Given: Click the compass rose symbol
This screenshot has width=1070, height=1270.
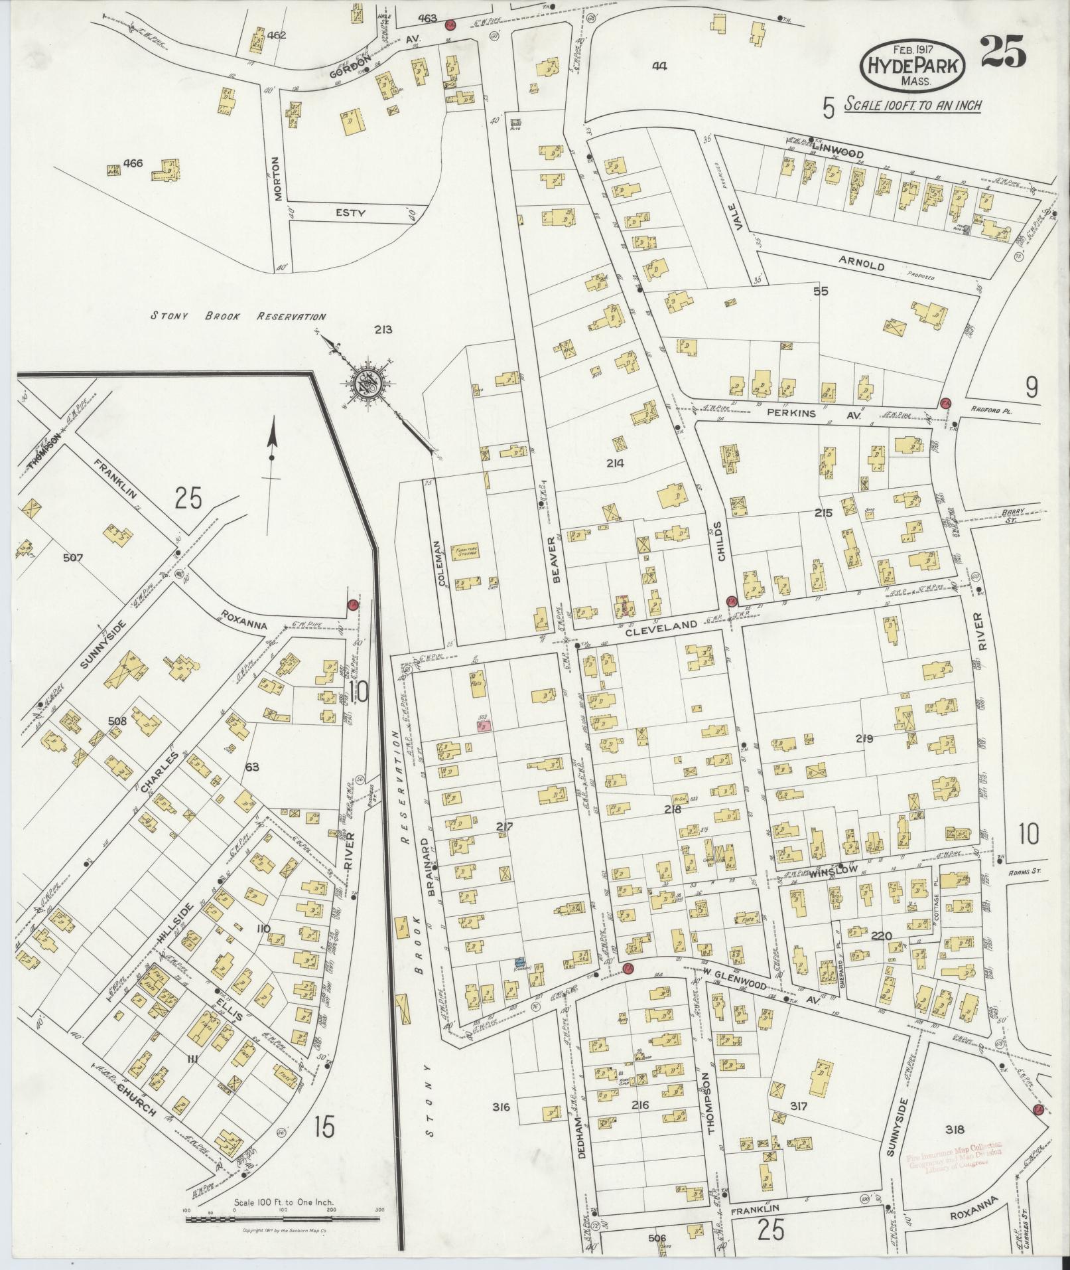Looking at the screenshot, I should point(366,382).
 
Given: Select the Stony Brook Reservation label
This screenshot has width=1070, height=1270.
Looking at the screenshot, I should point(238,317).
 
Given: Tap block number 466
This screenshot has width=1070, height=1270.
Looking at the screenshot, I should point(133,163).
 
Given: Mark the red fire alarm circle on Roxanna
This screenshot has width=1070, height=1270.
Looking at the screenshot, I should point(352,605).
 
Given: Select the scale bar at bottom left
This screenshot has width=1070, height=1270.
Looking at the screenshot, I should point(283,1218).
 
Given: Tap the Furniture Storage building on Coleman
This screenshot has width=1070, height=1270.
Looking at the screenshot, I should point(466,552).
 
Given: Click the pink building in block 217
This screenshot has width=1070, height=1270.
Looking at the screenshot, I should point(484,726).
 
